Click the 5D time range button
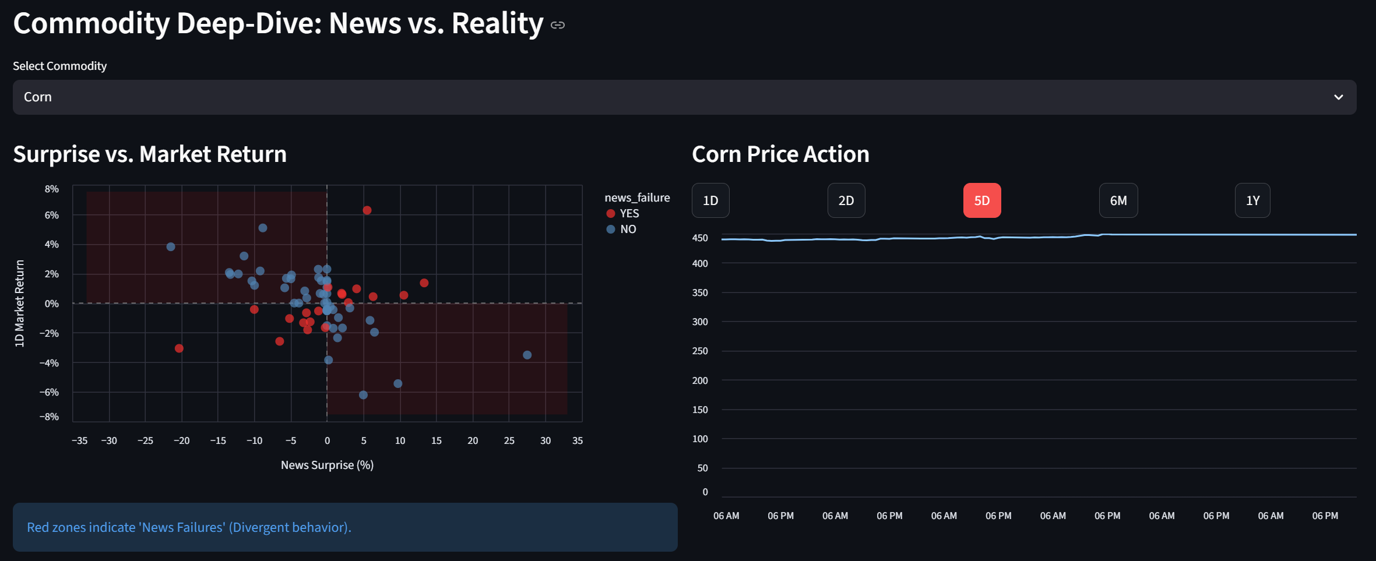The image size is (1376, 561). pos(981,200)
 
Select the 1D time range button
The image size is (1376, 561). pos(710,200)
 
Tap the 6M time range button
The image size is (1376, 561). pos(1118,200)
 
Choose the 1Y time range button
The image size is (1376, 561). pos(1252,200)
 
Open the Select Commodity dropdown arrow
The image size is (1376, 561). pos(1338,97)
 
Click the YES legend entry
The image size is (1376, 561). pos(629,213)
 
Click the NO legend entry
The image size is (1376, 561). pos(628,229)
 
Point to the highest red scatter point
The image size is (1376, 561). pos(367,210)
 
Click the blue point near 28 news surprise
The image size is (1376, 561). pos(527,355)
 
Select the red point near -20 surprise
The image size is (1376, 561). pos(179,348)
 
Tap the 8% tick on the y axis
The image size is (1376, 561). pos(51,189)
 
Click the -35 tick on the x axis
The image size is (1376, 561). pos(79,440)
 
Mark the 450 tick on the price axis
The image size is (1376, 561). pos(699,238)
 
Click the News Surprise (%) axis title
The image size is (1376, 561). pos(327,465)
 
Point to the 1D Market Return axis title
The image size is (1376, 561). pos(19,303)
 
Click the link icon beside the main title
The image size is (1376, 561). pos(557,25)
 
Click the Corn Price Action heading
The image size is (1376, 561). pos(780,154)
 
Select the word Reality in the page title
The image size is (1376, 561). pos(497,23)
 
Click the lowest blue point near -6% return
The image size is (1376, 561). pos(363,395)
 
